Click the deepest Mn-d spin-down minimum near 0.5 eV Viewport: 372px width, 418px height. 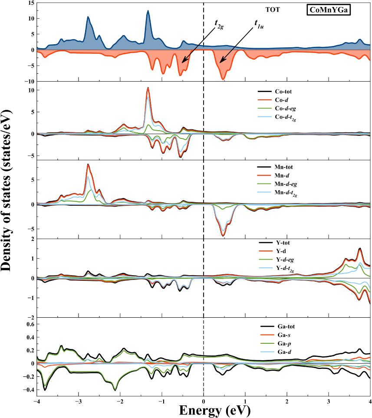223,235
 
